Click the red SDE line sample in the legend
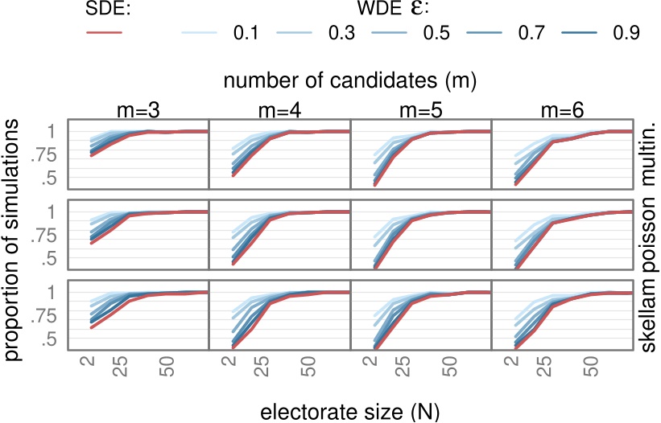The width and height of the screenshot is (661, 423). (104, 32)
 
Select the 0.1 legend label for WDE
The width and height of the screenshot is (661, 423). (245, 33)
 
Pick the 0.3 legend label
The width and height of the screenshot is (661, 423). (340, 33)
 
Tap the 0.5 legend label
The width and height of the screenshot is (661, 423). (435, 33)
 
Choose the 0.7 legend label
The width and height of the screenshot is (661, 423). (530, 33)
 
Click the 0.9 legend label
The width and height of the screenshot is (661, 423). (624, 33)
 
